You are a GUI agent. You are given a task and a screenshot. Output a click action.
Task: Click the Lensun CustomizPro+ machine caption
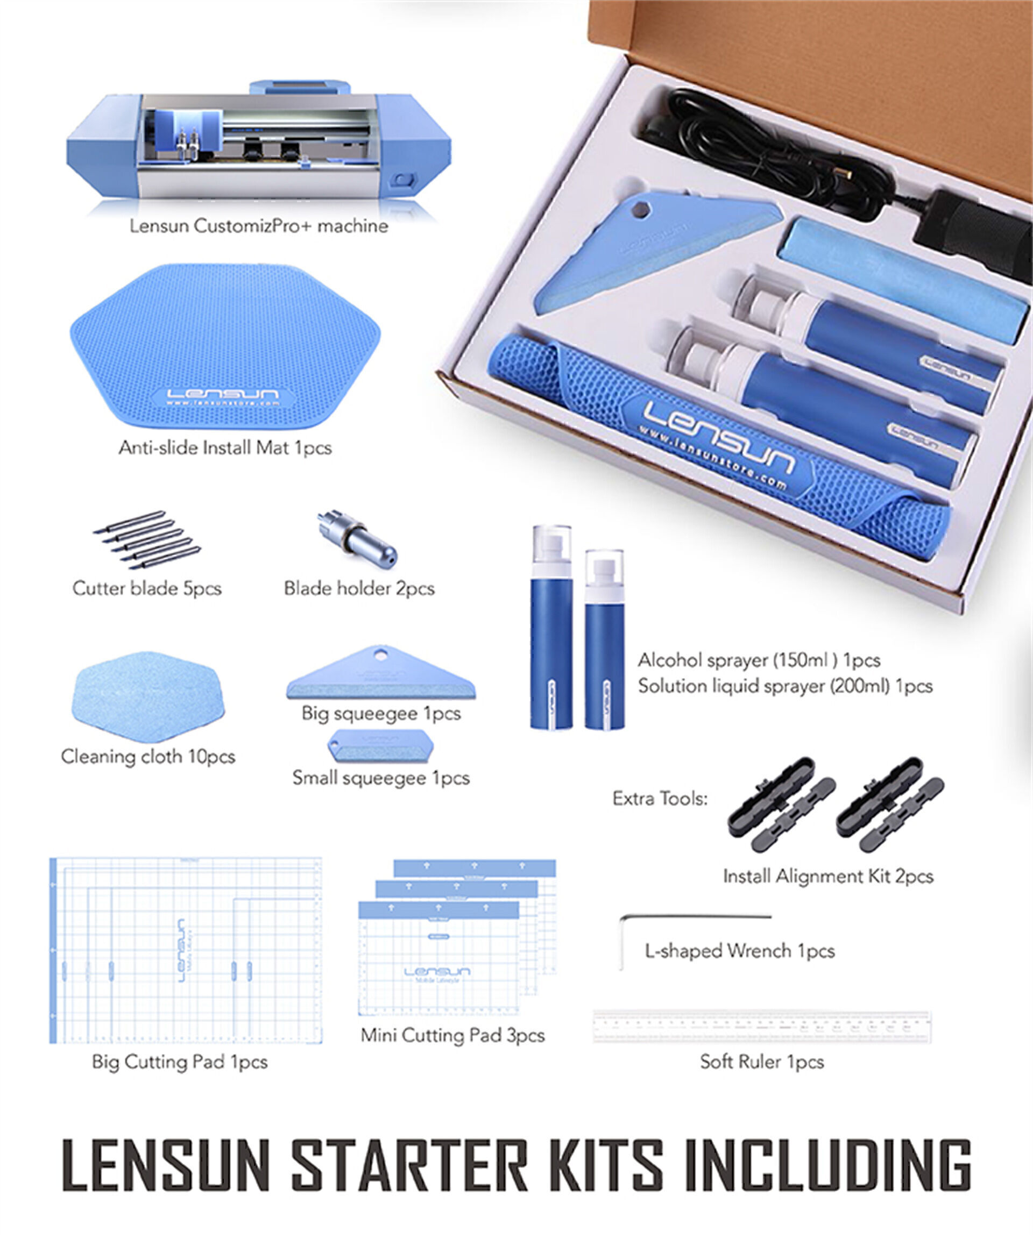[259, 226]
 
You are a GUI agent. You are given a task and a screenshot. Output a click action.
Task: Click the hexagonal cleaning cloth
[148, 697]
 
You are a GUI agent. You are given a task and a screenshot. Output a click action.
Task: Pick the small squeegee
[380, 746]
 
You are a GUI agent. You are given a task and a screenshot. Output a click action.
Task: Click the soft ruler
[761, 1027]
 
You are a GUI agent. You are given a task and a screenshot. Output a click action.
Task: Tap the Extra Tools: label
[660, 799]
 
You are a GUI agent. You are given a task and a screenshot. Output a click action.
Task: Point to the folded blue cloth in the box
[903, 277]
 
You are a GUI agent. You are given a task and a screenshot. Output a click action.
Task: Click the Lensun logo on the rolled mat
[717, 437]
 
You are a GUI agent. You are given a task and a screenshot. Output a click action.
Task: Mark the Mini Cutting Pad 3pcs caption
[452, 1035]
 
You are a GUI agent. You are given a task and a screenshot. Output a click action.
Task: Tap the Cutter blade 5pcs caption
[147, 588]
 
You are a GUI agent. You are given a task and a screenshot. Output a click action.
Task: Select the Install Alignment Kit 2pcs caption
[827, 876]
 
